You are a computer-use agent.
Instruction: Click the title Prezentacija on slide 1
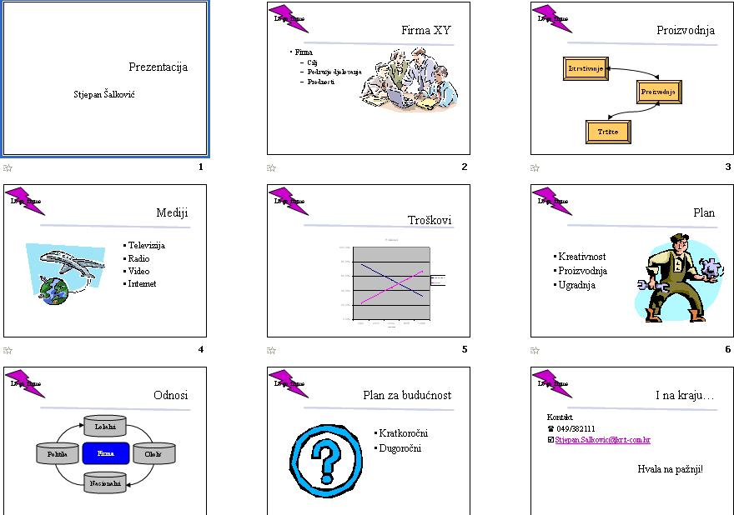click(158, 67)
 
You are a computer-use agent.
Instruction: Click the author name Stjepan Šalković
click(104, 94)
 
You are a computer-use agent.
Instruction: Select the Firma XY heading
click(425, 31)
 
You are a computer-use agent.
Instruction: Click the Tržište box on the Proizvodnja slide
click(608, 132)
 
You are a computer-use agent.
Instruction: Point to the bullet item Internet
click(142, 283)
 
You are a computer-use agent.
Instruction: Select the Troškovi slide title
click(430, 220)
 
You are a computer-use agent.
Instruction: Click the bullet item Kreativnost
click(582, 257)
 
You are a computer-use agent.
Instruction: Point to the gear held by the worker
click(711, 269)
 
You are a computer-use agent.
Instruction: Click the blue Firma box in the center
click(106, 453)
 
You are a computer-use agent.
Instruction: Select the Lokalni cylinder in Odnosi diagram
click(105, 427)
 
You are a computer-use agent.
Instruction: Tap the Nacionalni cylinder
click(105, 482)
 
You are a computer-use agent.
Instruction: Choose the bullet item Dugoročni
click(400, 448)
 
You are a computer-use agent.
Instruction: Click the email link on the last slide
click(602, 439)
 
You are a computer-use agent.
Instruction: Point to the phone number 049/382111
click(576, 428)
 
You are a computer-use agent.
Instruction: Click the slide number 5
click(465, 349)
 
